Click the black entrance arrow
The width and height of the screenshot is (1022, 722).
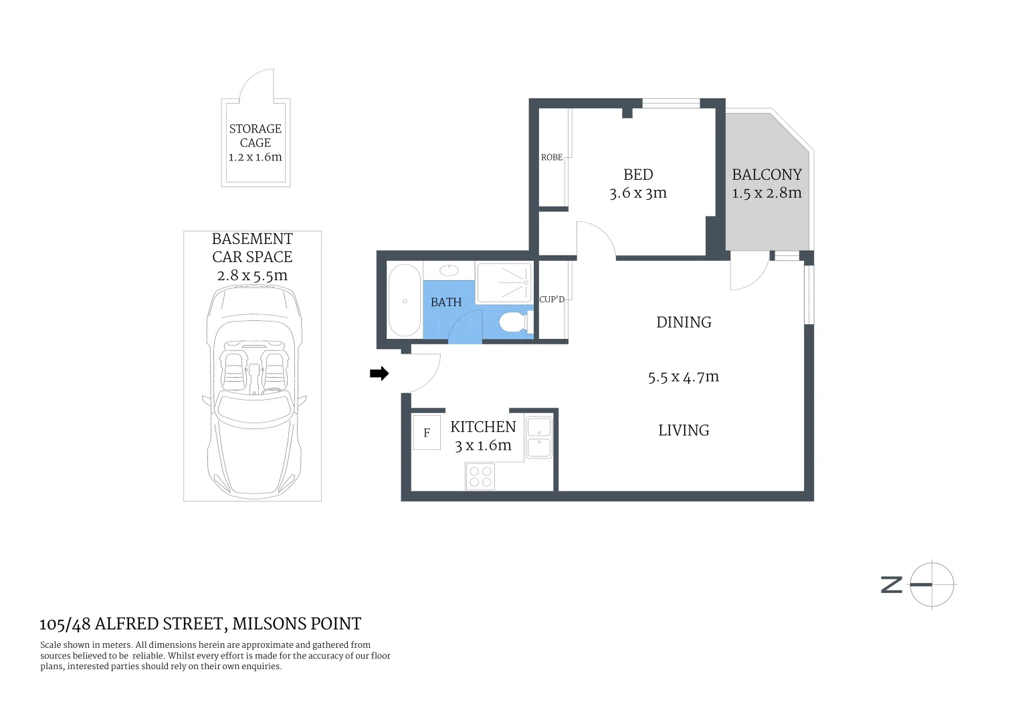379,374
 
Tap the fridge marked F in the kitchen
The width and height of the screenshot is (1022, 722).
427,433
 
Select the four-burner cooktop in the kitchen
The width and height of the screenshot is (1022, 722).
480,477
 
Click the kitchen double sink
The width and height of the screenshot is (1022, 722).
539,438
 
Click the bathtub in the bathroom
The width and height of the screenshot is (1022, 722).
405,301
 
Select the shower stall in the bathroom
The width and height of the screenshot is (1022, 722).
504,283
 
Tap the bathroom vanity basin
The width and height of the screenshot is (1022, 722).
449,270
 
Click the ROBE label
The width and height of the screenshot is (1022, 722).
552,157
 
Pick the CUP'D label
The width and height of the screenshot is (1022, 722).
552,299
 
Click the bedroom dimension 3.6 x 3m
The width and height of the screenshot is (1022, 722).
638,193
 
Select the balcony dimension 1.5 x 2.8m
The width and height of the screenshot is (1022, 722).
766,193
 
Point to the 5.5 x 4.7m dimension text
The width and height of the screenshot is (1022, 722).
683,377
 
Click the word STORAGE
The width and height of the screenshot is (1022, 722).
255,128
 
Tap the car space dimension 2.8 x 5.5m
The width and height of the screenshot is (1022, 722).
252,275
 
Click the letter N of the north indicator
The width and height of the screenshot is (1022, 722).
892,584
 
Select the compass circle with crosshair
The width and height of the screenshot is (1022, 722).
932,584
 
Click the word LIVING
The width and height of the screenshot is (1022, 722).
684,431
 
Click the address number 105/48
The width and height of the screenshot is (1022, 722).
65,624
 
